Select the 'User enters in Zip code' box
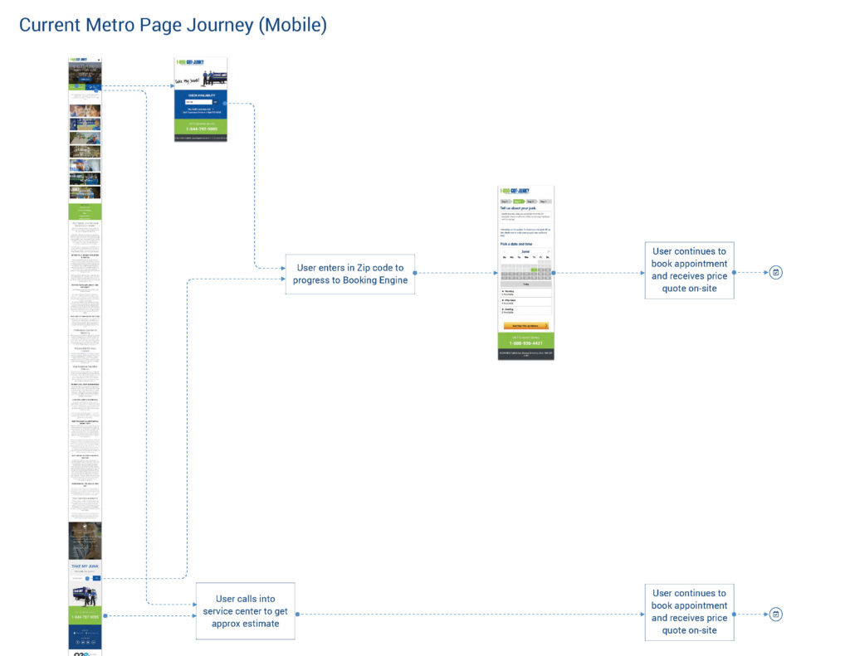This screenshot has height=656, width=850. [x=349, y=274]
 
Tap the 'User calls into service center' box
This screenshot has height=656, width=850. [x=245, y=610]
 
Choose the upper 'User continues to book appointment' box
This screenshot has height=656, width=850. [x=689, y=270]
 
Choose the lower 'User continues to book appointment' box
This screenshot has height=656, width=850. [x=689, y=612]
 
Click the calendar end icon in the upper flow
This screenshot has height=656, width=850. [x=775, y=272]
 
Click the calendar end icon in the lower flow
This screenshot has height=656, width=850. [x=775, y=614]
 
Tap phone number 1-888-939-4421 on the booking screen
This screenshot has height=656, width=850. [x=525, y=343]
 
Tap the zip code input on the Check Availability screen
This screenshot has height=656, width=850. [x=193, y=102]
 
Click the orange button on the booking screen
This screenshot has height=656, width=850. [x=525, y=326]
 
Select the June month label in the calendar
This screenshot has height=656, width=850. [x=525, y=251]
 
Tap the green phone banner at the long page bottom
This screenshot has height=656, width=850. [x=85, y=615]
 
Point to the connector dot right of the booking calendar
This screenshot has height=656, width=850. [x=553, y=272]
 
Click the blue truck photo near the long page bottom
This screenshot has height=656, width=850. [x=85, y=594]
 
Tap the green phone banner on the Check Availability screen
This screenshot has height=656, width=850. [x=200, y=127]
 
